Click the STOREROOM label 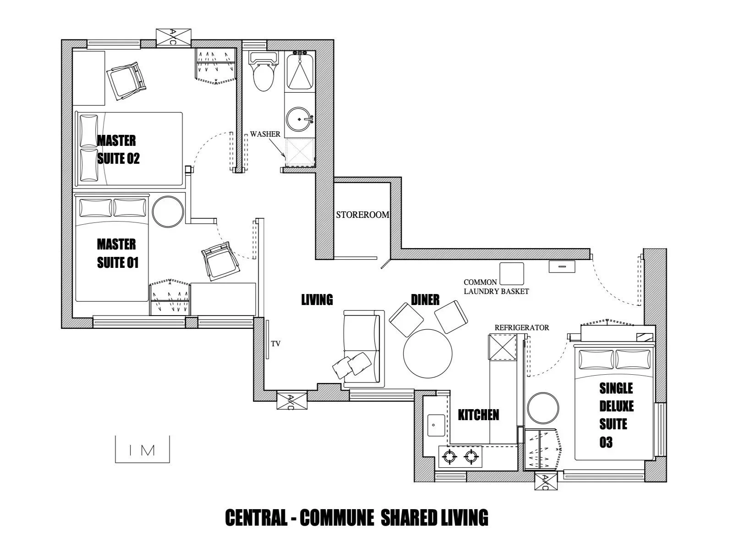(362, 215)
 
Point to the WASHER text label (265, 134)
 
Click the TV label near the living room (275, 343)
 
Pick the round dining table (427, 353)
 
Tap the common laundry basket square (511, 274)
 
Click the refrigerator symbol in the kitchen (503, 347)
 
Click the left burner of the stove (449, 456)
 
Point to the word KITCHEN (478, 415)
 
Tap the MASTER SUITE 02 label (117, 149)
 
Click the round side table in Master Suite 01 (167, 211)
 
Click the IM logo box (142, 450)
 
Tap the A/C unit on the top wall (173, 37)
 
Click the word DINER (425, 300)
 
